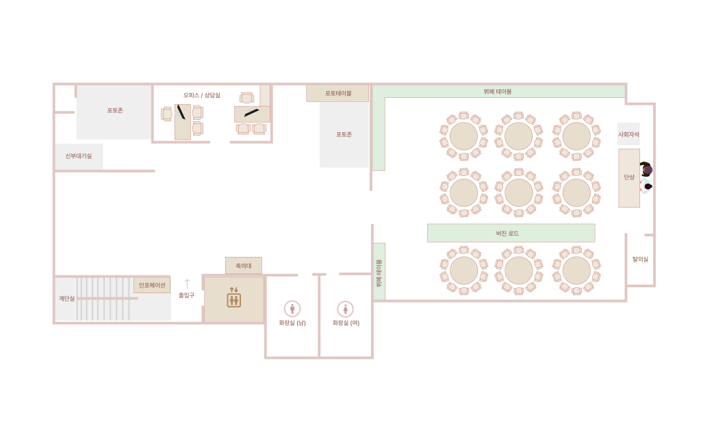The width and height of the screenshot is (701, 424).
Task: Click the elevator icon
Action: tap(234, 297)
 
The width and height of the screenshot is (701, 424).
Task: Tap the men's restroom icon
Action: tap(292, 309)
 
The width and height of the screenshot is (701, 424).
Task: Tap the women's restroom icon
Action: tap(345, 309)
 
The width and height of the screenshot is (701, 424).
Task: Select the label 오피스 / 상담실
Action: tap(202, 95)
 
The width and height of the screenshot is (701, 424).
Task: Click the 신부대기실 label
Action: tap(79, 156)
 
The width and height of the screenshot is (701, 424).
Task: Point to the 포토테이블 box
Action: tap(337, 93)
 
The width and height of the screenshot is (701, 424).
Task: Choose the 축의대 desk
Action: tap(244, 266)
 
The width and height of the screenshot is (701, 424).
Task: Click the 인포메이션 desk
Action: tap(152, 285)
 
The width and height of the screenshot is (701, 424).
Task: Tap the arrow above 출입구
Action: tap(187, 284)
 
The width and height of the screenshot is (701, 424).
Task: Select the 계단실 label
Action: tap(66, 299)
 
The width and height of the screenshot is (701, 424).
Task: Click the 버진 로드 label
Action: tap(507, 234)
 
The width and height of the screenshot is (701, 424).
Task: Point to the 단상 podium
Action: tap(629, 178)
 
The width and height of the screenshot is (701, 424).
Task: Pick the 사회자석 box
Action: tap(628, 134)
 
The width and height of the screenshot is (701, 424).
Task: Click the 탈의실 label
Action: tap(640, 260)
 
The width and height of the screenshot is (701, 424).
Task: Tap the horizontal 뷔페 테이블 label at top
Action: tap(498, 92)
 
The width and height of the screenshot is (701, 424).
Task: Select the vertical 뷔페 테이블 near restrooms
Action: tap(379, 272)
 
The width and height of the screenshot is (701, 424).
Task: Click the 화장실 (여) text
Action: tap(346, 323)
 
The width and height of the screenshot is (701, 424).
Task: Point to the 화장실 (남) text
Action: tap(292, 323)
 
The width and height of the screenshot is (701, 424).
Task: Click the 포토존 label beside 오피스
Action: tap(115, 110)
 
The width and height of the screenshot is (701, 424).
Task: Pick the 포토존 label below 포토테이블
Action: tap(344, 135)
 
